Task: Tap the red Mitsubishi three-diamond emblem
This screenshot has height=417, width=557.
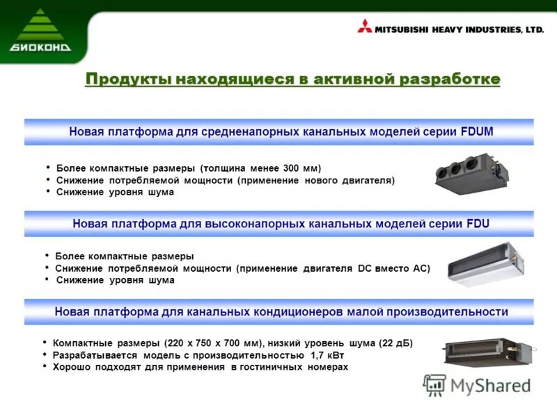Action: tap(365, 29)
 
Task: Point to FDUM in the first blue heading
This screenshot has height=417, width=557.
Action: tap(477, 131)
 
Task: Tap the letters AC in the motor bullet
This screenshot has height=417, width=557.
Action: tap(423, 268)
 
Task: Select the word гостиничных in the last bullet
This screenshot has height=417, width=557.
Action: tap(269, 366)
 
